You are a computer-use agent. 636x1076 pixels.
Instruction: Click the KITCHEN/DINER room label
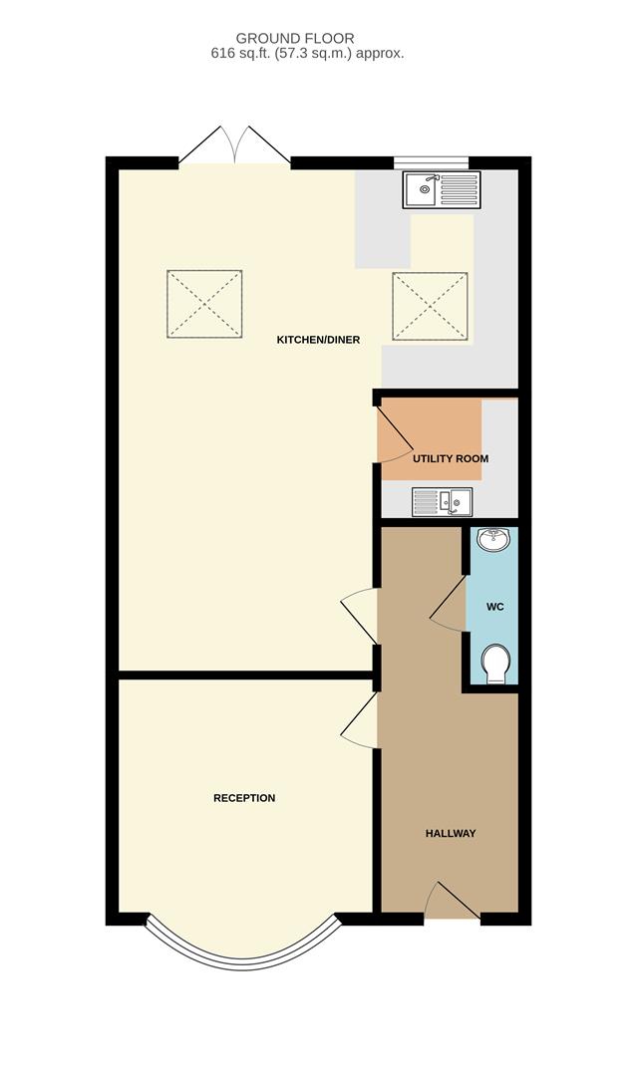(318, 340)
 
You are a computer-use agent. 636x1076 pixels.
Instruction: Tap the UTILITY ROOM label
(451, 458)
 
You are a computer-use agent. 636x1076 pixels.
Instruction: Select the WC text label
(493, 606)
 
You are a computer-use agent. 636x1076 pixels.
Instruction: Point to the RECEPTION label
(244, 798)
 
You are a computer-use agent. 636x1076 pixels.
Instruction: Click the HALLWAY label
(451, 833)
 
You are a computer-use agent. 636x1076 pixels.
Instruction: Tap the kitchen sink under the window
(442, 187)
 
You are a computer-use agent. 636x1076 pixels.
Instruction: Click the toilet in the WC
(494, 664)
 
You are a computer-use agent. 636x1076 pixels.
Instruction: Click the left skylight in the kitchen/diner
(204, 304)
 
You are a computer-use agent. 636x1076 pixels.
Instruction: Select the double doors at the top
(234, 145)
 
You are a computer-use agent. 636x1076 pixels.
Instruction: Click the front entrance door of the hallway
(451, 902)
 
